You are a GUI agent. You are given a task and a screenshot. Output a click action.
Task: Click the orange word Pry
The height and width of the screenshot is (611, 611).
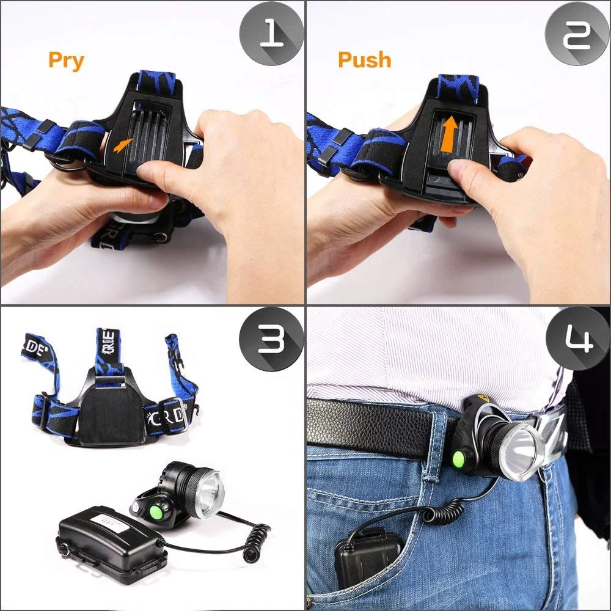coord(66,60)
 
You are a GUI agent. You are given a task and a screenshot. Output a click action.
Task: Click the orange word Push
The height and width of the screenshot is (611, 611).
coord(364,60)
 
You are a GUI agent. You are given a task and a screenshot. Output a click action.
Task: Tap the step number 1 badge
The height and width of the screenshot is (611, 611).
coord(271,34)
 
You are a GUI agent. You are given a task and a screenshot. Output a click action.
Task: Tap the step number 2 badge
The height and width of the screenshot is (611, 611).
coord(577,34)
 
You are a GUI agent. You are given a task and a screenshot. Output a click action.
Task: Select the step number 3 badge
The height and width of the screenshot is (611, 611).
coord(271,339)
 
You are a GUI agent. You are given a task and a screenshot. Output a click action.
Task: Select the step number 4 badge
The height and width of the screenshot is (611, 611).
coord(577,339)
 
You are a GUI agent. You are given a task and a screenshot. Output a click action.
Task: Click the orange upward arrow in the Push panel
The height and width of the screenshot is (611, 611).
coord(450,135)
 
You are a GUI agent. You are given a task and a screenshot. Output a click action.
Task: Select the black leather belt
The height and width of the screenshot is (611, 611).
coord(379,428)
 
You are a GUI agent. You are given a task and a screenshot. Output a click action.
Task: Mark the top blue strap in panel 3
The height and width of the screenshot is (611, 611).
coord(108,352)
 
